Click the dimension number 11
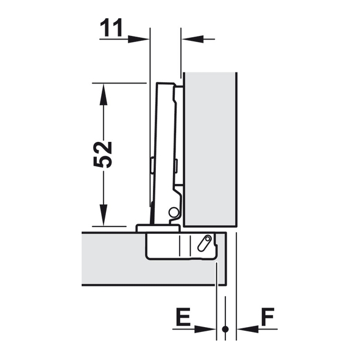[111, 28]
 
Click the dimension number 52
[102, 155]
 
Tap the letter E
[183, 317]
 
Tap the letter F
[267, 317]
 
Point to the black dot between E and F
[225, 329]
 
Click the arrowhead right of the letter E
[204, 329]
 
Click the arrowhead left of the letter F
[248, 329]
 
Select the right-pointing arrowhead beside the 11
[138, 39]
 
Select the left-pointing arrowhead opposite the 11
[193, 39]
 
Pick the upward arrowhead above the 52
[104, 94]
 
